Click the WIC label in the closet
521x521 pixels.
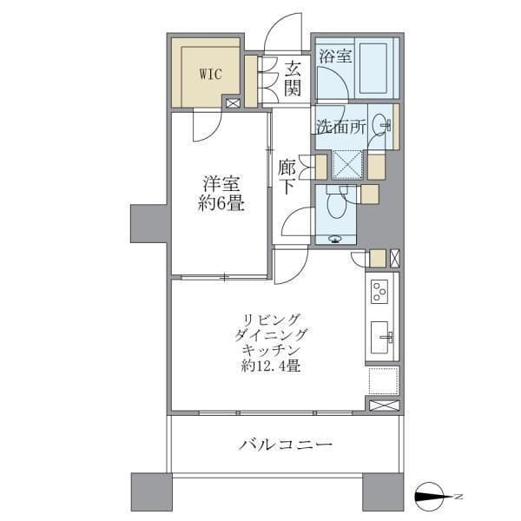[211, 74]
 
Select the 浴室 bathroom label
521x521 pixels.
[335, 56]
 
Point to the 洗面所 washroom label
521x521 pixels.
[341, 126]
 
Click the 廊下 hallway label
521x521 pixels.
[287, 177]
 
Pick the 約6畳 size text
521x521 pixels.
[221, 203]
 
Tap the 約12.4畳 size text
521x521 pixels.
[271, 366]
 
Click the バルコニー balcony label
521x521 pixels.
[285, 444]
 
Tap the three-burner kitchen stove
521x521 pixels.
[379, 292]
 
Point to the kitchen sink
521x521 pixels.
[380, 337]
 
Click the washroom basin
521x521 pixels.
[379, 124]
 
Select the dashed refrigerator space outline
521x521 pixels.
[384, 381]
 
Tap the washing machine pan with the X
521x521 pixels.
[347, 165]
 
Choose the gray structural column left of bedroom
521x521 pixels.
[148, 224]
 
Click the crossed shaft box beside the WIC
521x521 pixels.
[233, 103]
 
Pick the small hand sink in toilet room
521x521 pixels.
[335, 238]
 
